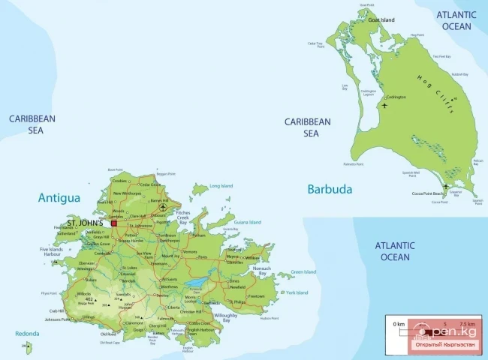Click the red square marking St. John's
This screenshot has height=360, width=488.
[114, 223]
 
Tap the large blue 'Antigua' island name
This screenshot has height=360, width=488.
[59, 198]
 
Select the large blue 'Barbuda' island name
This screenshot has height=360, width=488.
[329, 189]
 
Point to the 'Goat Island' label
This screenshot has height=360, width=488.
[381, 20]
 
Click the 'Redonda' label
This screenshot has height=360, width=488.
[26, 333]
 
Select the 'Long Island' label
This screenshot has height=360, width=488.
[221, 185]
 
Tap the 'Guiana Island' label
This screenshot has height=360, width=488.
[248, 222]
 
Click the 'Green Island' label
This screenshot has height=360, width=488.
[303, 271]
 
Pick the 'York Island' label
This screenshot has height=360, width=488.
[296, 292]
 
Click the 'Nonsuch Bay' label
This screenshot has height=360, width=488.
[261, 271]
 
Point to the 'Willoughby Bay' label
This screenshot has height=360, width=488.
[225, 318]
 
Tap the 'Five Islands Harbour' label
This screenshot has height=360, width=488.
[51, 252]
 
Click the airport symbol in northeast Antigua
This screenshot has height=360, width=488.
[164, 208]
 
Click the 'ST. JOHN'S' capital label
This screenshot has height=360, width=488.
[85, 223]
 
